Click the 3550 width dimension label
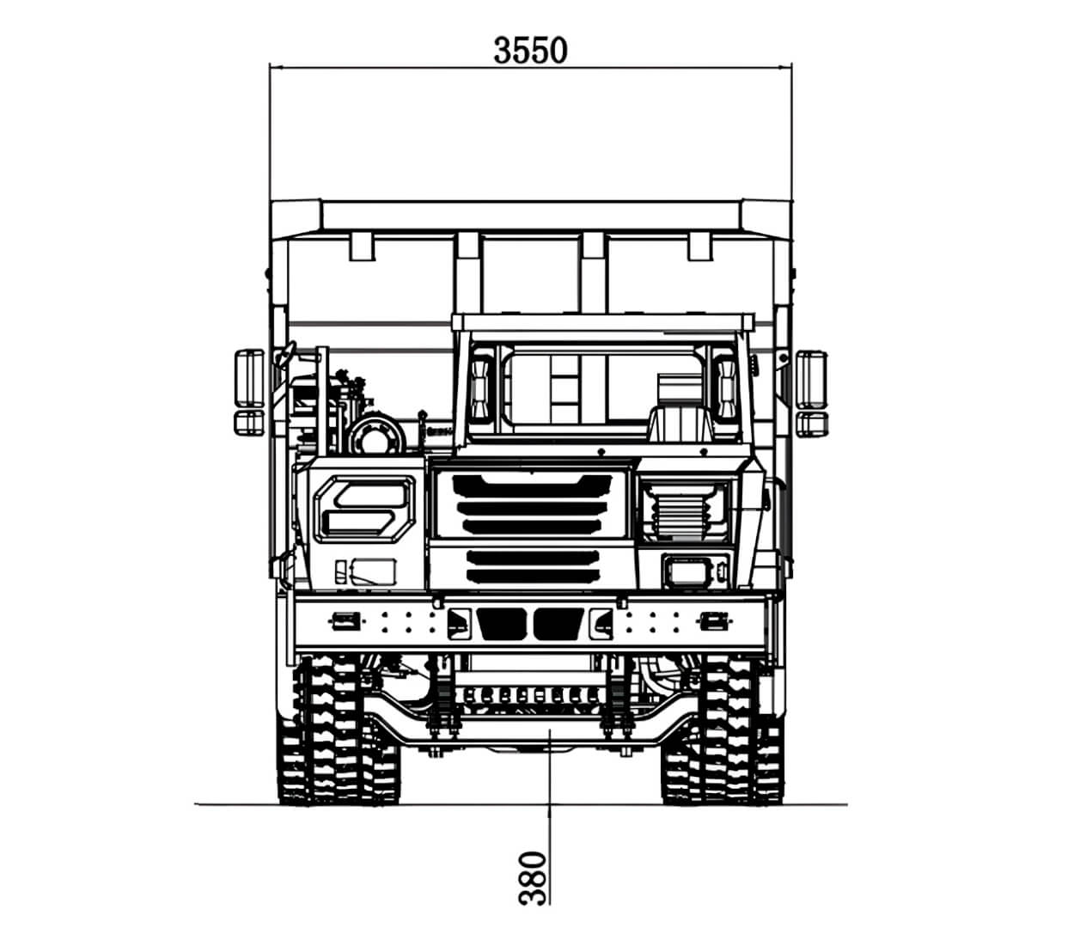[x=530, y=51]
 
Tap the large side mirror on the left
[x=250, y=378]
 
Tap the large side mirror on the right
[x=811, y=379]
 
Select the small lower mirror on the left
[x=250, y=422]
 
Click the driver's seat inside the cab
[x=682, y=424]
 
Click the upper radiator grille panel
[x=531, y=504]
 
